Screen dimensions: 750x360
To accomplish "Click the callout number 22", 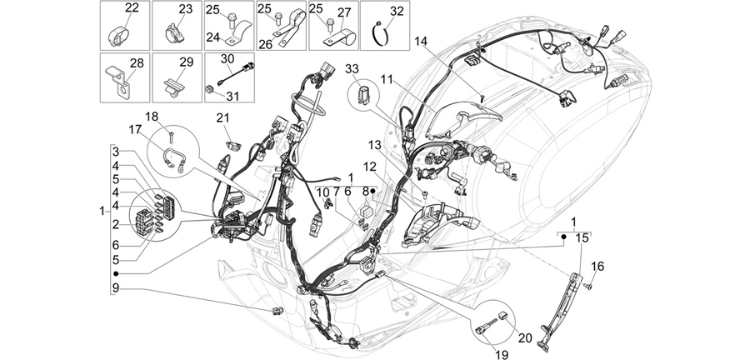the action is coord(132,7).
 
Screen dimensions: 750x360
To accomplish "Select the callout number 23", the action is coord(185,9).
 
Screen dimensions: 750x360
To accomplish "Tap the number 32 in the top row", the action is coord(397,11).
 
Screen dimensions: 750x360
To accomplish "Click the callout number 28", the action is coord(137,63).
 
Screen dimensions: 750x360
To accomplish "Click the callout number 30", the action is coord(227,59).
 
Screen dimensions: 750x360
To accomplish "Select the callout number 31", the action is coord(232,96).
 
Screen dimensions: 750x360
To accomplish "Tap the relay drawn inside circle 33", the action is coord(364,95).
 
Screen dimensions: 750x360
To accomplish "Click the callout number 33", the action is coord(352,69).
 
